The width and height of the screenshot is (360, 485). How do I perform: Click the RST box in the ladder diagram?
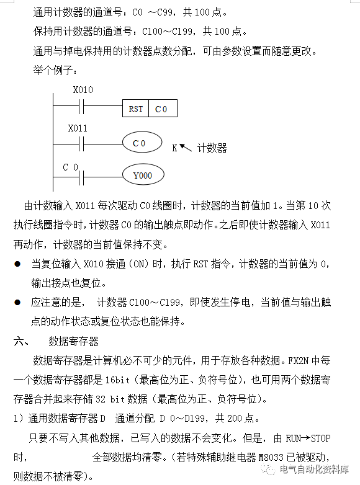[136, 109]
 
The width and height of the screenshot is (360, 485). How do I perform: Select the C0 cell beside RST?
[161, 109]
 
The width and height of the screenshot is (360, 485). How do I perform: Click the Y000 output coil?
[142, 176]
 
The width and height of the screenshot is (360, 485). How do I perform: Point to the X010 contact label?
[83, 90]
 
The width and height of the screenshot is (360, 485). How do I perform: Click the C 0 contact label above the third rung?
[71, 167]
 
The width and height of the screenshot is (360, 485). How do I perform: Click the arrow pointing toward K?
[186, 146]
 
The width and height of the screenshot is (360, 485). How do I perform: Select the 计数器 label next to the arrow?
[212, 148]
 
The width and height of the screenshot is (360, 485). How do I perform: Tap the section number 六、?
[21, 341]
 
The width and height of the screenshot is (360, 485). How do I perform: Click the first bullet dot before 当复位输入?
[17, 264]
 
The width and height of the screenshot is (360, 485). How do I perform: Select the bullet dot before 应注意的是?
[17, 303]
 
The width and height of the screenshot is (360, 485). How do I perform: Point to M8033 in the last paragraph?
[273, 458]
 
